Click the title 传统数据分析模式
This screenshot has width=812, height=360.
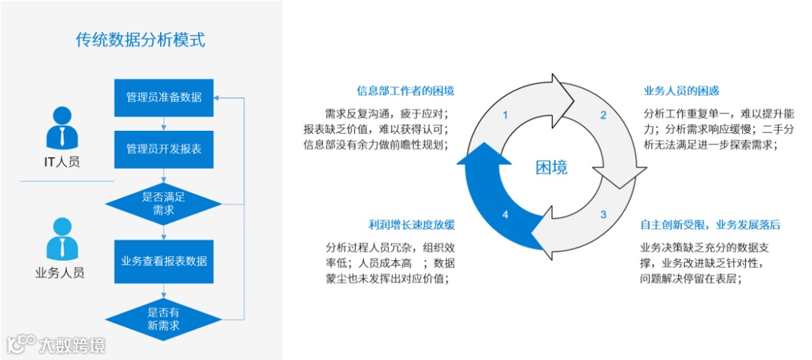coord(141,40)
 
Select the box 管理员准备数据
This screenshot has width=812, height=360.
coord(163,98)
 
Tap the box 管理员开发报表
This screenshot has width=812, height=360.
coord(163,150)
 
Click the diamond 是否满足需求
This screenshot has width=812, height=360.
coord(163,204)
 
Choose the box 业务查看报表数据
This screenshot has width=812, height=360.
coord(163,261)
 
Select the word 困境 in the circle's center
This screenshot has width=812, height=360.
coord(551,167)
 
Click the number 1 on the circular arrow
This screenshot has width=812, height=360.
coord(505,116)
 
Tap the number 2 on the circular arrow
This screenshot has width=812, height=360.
coord(602,116)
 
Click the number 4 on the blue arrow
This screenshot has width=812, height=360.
coord(505,215)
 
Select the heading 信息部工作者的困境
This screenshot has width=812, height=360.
coord(406,91)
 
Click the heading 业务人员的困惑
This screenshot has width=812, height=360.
coord(681,91)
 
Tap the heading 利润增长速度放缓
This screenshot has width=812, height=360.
coord(411,225)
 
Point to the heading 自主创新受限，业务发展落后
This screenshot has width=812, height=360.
coord(710,225)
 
